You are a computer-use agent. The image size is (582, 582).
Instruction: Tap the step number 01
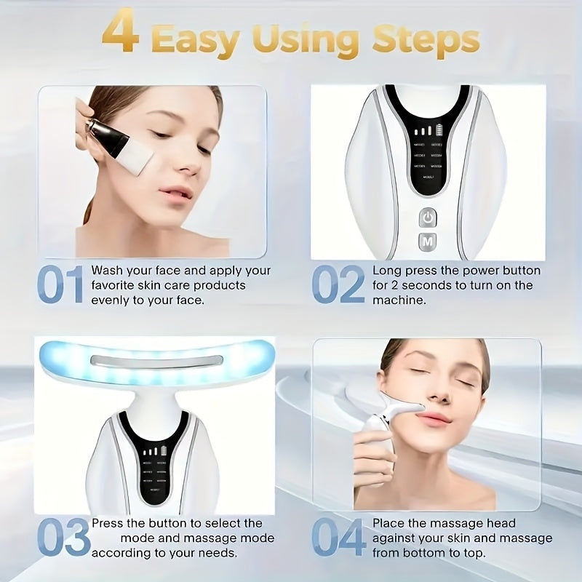click(x=61, y=285)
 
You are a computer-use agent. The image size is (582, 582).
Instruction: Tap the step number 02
click(x=338, y=285)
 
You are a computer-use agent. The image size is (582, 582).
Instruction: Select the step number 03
click(x=63, y=538)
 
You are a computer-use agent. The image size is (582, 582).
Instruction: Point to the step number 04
click(x=339, y=538)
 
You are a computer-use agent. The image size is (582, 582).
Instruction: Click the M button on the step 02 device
click(x=427, y=241)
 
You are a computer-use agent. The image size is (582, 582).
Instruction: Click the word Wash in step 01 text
click(x=107, y=271)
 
